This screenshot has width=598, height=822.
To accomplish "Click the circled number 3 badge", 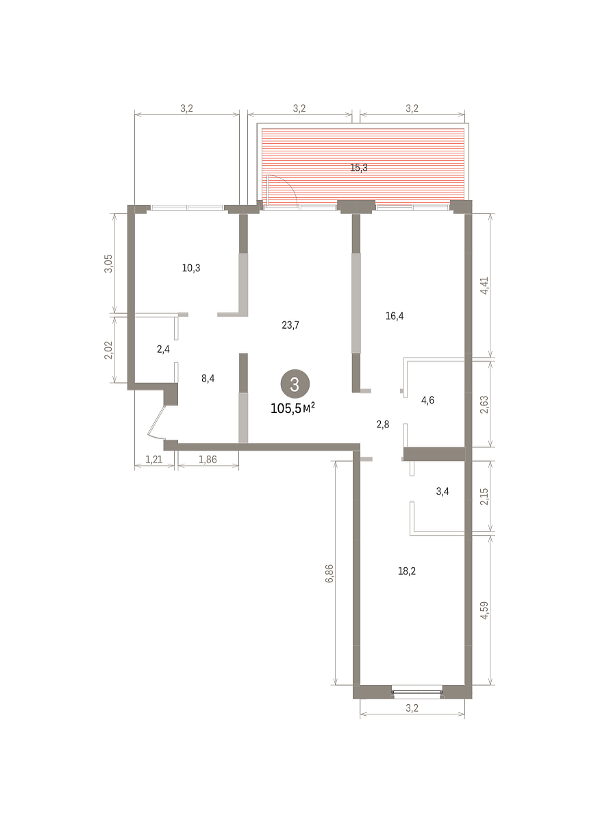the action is [295, 384].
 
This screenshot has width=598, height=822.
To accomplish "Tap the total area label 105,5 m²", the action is [292, 408].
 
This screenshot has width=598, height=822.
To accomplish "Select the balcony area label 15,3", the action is [359, 168].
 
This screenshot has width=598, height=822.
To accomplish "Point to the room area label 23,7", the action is [290, 325].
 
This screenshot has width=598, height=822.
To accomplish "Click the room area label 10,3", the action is [191, 268].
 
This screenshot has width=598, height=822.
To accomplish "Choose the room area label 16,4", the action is [395, 316].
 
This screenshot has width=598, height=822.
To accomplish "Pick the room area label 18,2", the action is [407, 571].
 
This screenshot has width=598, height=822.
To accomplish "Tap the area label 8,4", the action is [208, 378].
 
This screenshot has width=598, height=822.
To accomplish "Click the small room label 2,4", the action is [163, 349].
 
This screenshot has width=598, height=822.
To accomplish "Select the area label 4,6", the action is [427, 400].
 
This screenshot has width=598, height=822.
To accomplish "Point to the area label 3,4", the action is [443, 491].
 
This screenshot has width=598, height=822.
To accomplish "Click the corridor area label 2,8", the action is [383, 425].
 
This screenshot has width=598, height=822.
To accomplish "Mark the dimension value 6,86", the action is [329, 573].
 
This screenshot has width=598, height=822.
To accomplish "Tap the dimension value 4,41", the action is [484, 285].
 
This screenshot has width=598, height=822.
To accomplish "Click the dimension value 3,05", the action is [109, 263].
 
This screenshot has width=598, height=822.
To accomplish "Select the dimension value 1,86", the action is [208, 460].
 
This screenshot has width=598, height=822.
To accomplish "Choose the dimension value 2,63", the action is [484, 404].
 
